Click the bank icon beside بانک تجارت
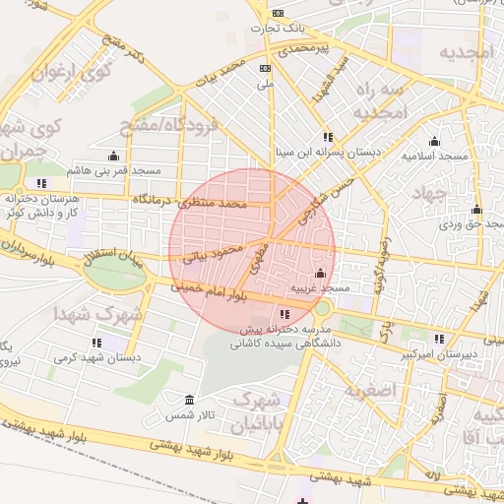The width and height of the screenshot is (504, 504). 279,13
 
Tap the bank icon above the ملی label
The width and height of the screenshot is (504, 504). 264,68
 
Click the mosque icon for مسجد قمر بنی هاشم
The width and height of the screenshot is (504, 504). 113,156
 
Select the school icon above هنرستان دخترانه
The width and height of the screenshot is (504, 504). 40,183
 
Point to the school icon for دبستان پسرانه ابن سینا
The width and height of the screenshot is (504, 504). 327,137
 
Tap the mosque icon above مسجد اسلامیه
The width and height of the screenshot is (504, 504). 434,141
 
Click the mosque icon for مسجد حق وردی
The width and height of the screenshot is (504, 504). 477,209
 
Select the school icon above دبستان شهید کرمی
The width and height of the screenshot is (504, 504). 96,343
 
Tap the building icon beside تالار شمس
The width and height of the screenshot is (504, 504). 189,401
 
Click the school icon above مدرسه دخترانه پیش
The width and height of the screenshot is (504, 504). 285,314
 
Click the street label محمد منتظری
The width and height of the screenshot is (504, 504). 214,204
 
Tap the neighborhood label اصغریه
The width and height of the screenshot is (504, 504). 370,390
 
